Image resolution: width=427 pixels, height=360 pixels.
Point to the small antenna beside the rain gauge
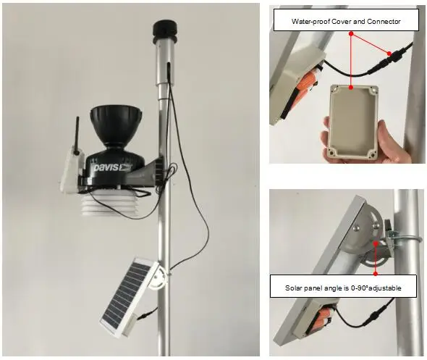click(75, 135)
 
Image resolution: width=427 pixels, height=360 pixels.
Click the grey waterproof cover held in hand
click(353, 122)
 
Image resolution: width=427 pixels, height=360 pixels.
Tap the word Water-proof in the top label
click(309, 22)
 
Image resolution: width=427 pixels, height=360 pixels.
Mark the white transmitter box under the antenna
click(71, 168)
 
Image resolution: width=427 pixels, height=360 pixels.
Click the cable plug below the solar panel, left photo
click(148, 313)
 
